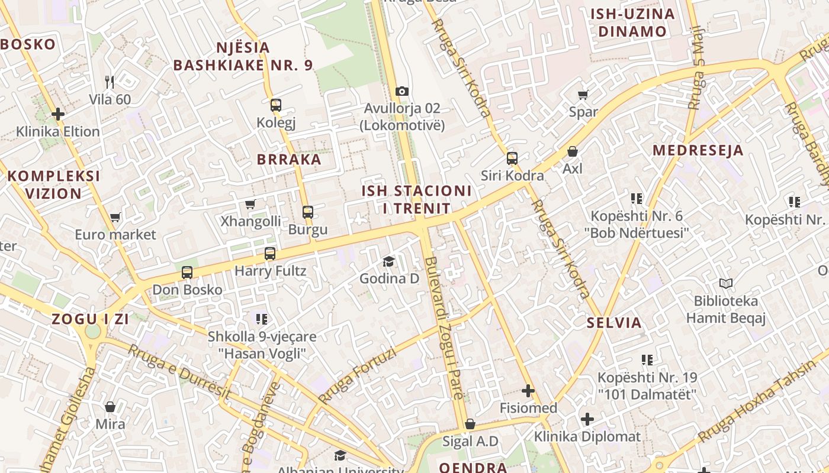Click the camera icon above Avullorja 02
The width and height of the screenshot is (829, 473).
tap(402, 91)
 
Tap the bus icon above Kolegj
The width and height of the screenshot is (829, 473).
tap(276, 106)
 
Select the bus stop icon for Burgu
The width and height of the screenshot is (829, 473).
tap(308, 212)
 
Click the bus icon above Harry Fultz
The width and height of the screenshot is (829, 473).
tap(270, 254)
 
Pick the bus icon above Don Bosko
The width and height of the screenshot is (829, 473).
tap(187, 273)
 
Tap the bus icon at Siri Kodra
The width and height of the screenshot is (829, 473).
tap(512, 158)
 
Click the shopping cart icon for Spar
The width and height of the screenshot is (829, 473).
tap(583, 95)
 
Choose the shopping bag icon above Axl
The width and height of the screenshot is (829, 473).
tap(573, 152)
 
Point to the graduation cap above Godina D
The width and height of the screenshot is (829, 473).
tap(389, 261)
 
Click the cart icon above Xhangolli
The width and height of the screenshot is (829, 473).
tap(250, 205)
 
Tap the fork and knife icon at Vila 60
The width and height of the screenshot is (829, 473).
tap(110, 82)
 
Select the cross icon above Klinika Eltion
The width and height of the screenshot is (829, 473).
tap(58, 114)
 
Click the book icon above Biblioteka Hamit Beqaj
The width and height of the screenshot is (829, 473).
tap(726, 284)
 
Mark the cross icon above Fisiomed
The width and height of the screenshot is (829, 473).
tap(528, 391)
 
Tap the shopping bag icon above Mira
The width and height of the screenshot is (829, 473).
tap(110, 407)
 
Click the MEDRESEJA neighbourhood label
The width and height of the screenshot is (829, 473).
tap(698, 150)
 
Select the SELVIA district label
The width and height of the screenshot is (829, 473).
tap(614, 323)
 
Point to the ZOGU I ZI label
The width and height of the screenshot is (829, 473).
tap(90, 319)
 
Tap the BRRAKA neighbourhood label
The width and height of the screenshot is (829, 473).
tap(289, 159)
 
